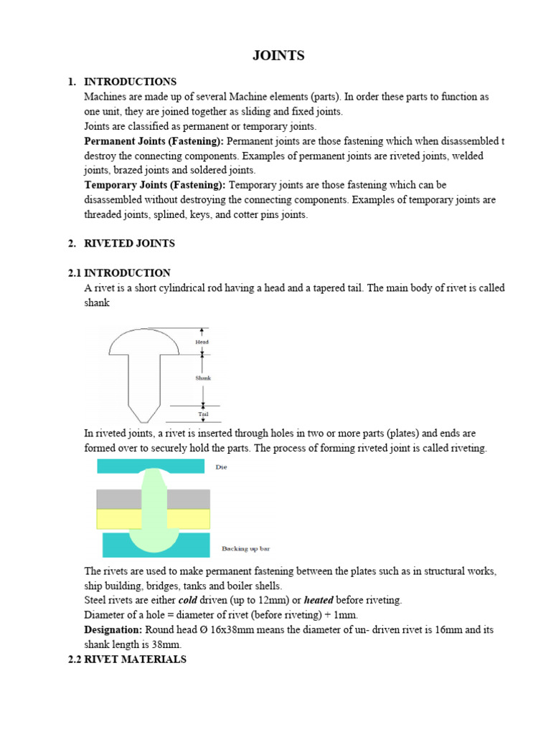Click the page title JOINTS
click(278, 56)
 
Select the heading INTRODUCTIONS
click(130, 82)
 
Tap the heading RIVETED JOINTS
click(129, 244)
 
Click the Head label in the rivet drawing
click(202, 343)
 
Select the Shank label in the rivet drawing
click(203, 378)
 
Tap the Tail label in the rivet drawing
click(202, 414)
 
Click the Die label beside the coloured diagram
click(221, 467)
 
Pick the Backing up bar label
click(245, 548)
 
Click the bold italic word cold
click(187, 600)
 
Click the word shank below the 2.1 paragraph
click(97, 303)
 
